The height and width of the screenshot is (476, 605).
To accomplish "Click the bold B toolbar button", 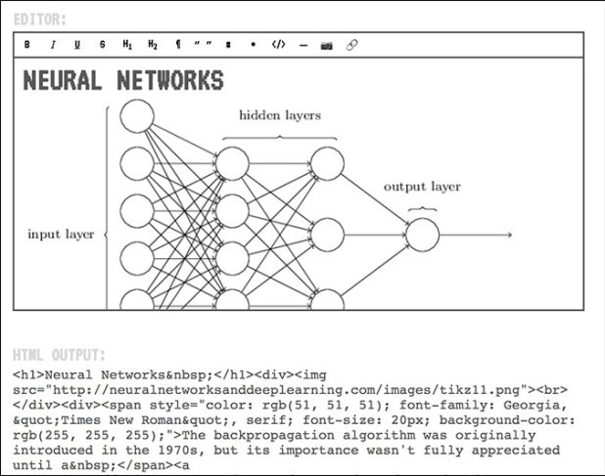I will [x=27, y=45].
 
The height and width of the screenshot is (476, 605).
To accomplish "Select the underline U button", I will [x=77, y=45].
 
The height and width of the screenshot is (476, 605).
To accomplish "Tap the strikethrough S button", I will [x=102, y=45].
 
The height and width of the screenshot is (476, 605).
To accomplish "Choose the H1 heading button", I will [x=127, y=45].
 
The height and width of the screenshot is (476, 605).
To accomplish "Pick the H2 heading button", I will [x=153, y=45].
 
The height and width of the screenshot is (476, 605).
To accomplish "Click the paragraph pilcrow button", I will [x=178, y=45].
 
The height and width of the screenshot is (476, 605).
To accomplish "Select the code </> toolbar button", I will [x=278, y=45].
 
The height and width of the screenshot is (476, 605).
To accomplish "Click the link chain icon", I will [x=352, y=45].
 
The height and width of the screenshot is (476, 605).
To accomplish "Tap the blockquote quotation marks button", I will [x=203, y=45].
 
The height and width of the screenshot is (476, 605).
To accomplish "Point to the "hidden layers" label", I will [x=280, y=115].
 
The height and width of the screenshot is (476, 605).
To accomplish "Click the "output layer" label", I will [x=422, y=187].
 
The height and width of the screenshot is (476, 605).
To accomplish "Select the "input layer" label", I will [x=61, y=235].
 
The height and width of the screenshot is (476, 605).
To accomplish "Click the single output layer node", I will [x=422, y=235].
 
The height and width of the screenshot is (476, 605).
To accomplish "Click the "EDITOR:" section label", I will [x=40, y=19].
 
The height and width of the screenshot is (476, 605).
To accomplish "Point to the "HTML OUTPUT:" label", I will [x=58, y=355].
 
